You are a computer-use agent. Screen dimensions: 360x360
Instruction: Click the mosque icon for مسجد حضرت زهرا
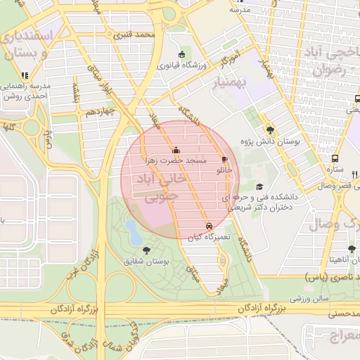point(176,150)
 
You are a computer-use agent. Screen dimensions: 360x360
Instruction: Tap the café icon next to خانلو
point(224,160)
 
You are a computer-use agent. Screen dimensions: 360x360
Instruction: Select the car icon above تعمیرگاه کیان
point(209,226)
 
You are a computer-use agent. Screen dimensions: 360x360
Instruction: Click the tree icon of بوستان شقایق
point(146,250)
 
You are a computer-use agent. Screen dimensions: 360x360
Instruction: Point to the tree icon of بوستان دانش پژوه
point(270,130)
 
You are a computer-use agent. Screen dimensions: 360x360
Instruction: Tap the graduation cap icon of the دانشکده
point(260,187)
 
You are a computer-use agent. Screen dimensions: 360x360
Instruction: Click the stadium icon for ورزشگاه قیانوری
point(182,55)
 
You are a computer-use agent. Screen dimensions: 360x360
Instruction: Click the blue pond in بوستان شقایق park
point(132,229)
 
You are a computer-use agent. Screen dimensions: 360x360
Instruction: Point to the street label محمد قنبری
point(155,34)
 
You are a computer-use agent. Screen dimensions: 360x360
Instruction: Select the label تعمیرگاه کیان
point(210,238)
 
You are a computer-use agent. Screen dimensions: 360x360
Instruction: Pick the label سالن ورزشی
point(307,300)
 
